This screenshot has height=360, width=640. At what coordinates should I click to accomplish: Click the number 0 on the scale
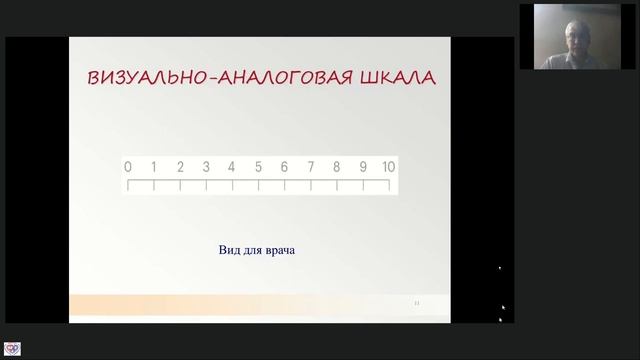pos(128,167)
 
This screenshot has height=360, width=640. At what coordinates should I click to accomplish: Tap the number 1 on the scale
pos(154,167)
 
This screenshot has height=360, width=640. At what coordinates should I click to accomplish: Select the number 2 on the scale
pos(180,167)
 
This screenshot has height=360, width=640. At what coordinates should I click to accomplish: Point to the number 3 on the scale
pos(206,167)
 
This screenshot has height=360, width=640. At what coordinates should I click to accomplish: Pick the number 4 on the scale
pos(232,167)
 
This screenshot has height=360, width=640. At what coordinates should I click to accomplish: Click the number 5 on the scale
pos(258,167)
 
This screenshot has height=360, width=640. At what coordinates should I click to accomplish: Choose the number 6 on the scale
pos(284,167)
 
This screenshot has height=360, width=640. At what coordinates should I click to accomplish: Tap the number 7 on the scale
pos(311,167)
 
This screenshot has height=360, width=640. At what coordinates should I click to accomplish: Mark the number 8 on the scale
pos(337,167)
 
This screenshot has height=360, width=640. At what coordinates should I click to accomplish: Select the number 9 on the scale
pos(363,167)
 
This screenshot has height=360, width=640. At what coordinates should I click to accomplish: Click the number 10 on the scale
pos(389,167)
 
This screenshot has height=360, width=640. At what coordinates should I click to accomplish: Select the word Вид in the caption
pos(229,250)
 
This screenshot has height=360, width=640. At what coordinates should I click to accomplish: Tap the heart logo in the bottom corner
pos(12,350)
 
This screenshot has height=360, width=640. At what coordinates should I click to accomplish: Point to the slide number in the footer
pos(416,301)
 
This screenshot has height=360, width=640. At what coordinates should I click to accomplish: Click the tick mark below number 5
pos(258,186)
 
